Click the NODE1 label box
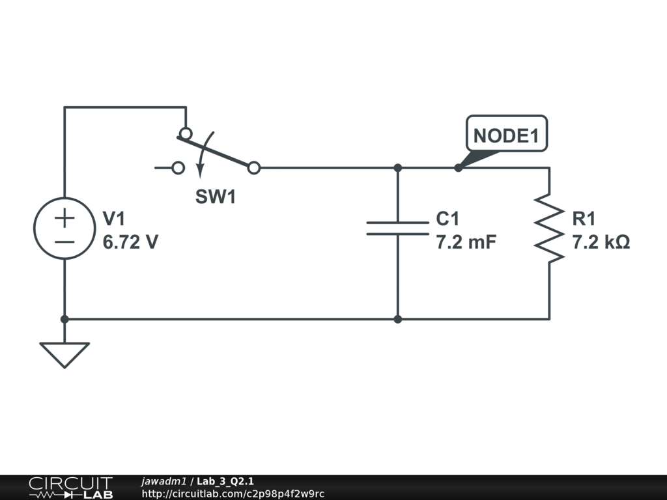(507, 133)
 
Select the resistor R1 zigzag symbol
(549, 229)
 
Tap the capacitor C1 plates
(398, 229)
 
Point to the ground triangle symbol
(64, 354)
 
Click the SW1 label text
(215, 197)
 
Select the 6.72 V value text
(130, 242)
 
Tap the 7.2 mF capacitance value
(466, 242)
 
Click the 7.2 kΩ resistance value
(601, 242)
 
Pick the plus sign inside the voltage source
(64, 218)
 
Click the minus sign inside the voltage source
(64, 242)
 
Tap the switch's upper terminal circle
(186, 133)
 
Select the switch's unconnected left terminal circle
(178, 168)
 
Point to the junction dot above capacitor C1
(398, 168)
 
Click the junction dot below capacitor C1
(398, 319)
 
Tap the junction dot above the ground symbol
(64, 319)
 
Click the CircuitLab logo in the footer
(70, 488)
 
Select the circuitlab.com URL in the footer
(233, 493)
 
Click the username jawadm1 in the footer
(163, 481)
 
